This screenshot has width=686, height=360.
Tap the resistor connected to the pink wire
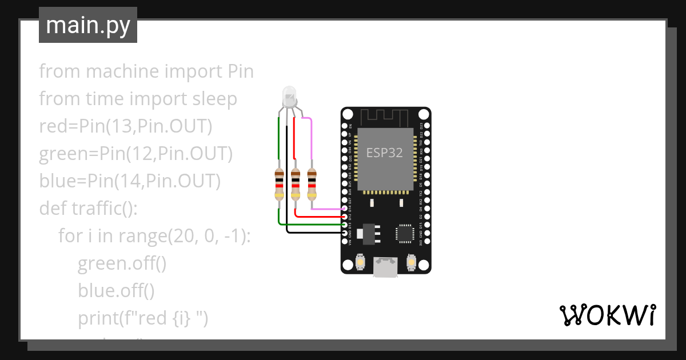(312, 183)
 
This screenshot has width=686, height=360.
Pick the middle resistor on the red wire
(296, 183)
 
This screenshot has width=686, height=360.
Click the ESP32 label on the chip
(384, 153)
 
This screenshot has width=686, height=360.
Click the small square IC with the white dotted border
(405, 233)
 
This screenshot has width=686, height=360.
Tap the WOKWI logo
(607, 315)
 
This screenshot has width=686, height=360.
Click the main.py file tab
(88, 25)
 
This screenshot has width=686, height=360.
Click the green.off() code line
(122, 263)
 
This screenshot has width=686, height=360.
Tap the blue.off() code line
(116, 291)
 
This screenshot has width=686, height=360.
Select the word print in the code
(98, 318)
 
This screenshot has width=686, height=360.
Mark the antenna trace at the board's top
(386, 117)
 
